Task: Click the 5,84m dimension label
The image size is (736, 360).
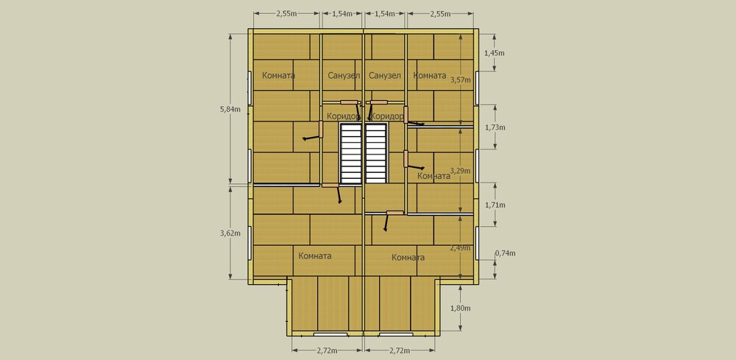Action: (x=230, y=110)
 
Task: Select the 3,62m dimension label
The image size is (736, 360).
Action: (x=230, y=233)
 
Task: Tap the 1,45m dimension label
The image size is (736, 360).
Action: (x=495, y=53)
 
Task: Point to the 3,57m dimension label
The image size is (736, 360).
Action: (x=461, y=80)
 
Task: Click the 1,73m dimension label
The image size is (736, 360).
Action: (x=495, y=127)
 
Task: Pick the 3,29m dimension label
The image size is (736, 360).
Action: (x=461, y=170)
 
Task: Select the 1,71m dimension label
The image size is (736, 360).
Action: (x=495, y=205)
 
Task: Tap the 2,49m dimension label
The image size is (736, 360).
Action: (x=461, y=248)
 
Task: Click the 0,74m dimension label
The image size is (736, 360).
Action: (x=505, y=253)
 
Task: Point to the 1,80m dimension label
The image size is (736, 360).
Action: (x=461, y=308)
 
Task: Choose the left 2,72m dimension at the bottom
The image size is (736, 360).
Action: (x=328, y=350)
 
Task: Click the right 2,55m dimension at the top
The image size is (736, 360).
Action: (x=440, y=14)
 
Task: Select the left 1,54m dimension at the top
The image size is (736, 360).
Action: (x=342, y=14)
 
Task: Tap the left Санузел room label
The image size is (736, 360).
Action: (x=344, y=76)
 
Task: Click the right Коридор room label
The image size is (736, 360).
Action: (x=387, y=116)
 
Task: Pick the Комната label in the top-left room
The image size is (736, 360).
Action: (x=278, y=76)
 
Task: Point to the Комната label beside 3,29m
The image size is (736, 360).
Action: (x=434, y=176)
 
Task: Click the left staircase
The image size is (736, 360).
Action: (x=351, y=153)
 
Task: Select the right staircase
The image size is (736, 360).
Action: (x=376, y=153)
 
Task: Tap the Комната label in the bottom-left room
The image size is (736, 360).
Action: (x=315, y=255)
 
